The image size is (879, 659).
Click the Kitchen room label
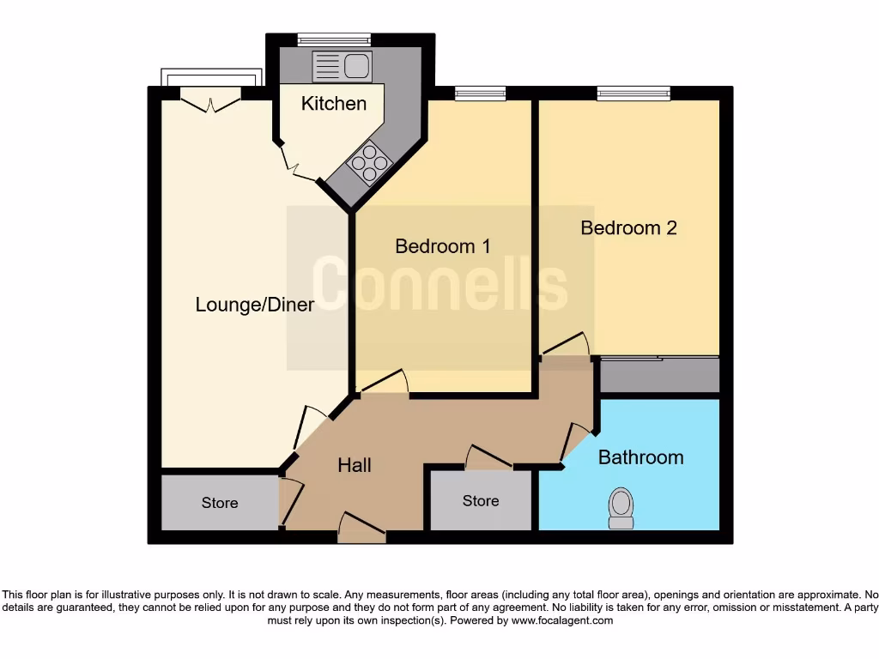(334, 104)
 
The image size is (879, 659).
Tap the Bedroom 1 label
(443, 246)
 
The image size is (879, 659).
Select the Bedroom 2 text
(628, 227)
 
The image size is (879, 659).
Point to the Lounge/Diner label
(254, 305)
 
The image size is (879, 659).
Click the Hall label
(355, 465)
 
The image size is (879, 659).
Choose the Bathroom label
(640, 457)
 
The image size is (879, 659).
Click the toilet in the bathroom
(620, 508)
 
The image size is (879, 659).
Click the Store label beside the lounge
(220, 503)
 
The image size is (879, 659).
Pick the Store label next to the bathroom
(481, 501)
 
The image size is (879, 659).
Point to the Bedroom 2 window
(633, 94)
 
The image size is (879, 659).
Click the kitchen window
(334, 39)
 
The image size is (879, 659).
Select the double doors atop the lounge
(211, 103)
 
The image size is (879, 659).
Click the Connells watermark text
(439, 283)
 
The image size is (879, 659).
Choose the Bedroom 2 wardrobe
(658, 375)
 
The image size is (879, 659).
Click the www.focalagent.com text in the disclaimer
(563, 620)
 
